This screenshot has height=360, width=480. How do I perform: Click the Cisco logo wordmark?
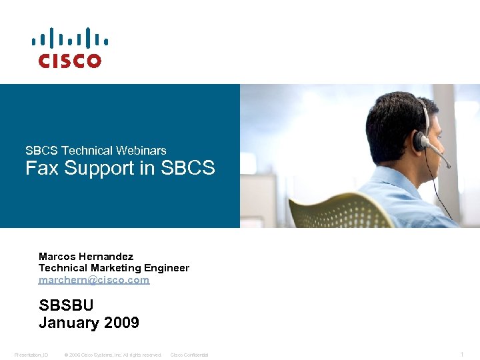coord(70,61)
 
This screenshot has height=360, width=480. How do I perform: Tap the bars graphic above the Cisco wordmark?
coord(70,38)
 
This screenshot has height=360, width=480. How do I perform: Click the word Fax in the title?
coord(39,169)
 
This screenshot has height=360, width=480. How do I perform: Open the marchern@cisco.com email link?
coord(94,280)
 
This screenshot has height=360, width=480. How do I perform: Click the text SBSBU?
coord(66,306)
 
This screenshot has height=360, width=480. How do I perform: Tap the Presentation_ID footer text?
coord(31,355)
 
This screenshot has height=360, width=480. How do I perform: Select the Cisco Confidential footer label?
coord(189,355)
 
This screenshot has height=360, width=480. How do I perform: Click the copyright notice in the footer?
coord(113,355)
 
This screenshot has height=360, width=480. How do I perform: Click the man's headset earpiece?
coord(421,140)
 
